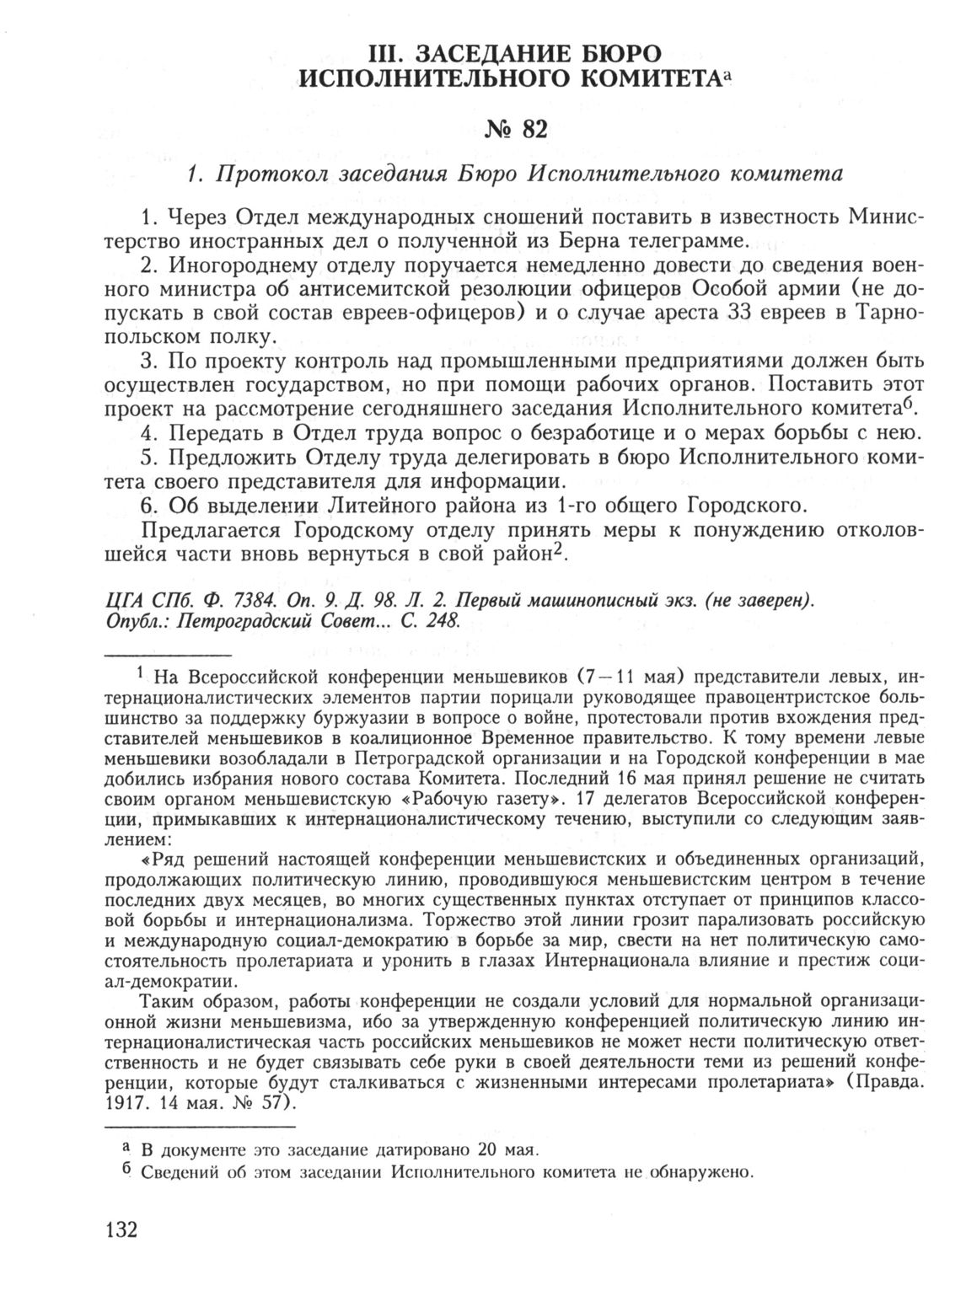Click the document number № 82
(x=516, y=128)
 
